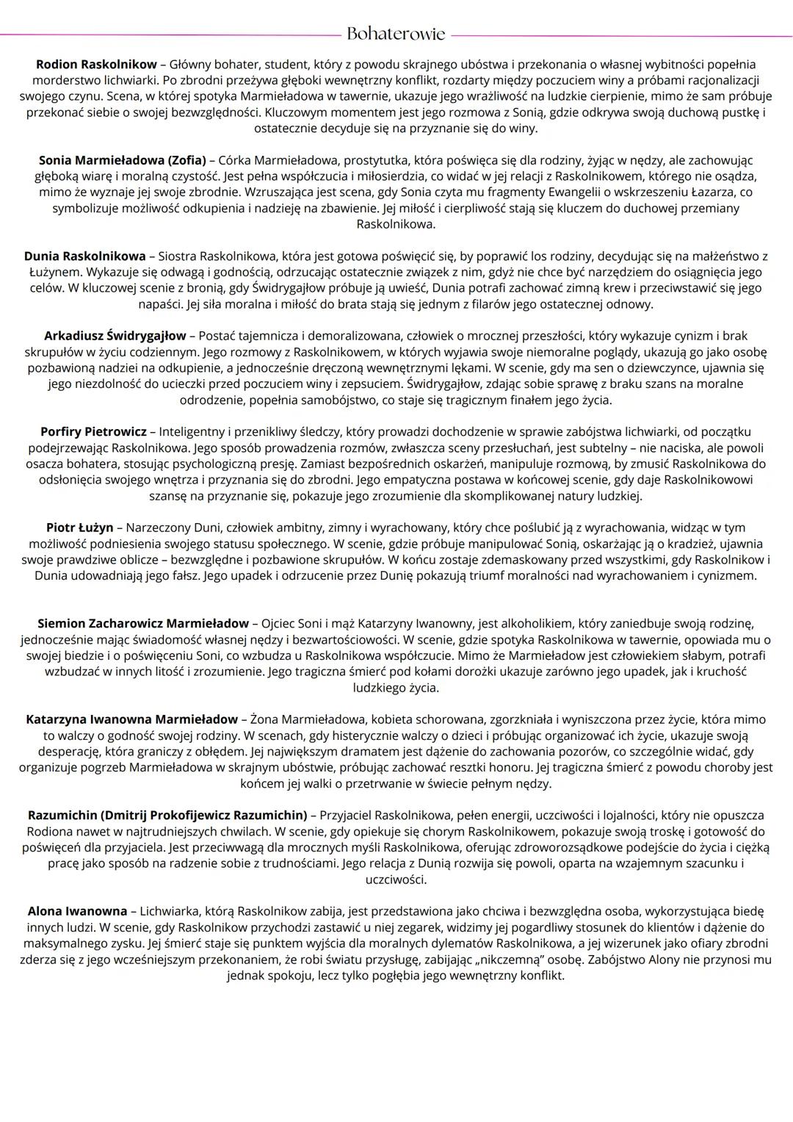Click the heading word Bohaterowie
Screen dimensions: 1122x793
(396, 34)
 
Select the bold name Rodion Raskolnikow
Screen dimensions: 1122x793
(96, 65)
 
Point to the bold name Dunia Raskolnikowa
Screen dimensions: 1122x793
(84, 256)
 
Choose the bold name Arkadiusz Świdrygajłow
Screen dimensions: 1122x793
(115, 336)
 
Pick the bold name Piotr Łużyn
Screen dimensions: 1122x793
(79, 528)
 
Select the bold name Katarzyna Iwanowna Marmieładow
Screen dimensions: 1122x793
(131, 719)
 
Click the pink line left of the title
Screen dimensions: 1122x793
(169, 35)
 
